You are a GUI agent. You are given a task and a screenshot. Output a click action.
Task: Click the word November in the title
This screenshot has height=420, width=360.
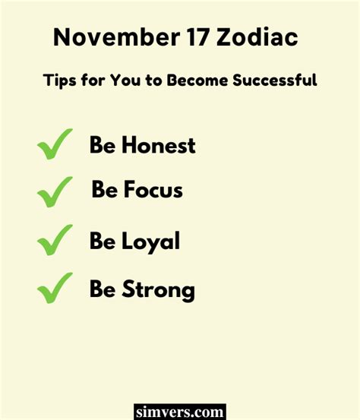pos(116,37)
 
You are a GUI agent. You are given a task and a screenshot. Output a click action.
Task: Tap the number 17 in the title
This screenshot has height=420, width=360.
pos(198,37)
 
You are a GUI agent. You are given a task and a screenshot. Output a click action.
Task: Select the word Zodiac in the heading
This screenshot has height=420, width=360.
pos(257,37)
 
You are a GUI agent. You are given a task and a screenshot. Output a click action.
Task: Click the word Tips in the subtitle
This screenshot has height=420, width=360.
pos(59,81)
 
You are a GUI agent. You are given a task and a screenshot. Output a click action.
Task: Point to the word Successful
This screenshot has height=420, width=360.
pos(275,80)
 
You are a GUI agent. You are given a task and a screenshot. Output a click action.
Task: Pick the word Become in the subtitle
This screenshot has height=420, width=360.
pos(197,80)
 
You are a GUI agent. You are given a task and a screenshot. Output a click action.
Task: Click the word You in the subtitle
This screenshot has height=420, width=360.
pos(125,80)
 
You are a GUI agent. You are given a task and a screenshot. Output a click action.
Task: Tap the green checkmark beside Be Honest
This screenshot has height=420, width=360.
pos(55,144)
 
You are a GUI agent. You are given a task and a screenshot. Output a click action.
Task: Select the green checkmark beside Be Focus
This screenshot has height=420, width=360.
pos(55,192)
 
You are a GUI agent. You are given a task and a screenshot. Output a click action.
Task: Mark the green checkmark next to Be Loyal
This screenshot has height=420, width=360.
pos(55,240)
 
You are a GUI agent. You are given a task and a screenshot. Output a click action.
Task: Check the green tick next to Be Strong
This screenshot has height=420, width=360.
pos(55,288)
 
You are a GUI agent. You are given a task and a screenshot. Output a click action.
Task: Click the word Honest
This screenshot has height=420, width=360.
pos(159,144)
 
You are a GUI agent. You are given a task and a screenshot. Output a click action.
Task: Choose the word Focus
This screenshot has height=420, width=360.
pos(153,189)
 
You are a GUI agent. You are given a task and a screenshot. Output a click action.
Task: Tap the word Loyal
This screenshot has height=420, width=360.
pos(151,242)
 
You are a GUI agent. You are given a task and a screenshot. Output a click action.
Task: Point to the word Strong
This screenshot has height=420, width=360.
pos(158,291)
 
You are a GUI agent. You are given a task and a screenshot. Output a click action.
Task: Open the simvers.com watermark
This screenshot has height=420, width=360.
pos(180,412)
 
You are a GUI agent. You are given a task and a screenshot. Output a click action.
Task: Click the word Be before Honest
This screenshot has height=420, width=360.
pos(103,144)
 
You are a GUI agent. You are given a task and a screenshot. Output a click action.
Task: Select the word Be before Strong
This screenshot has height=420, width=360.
pos(103,289)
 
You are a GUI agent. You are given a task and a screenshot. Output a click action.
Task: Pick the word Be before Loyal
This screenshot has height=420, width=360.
pos(103,240)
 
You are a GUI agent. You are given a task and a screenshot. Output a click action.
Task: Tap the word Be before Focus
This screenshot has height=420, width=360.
pos(105,189)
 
